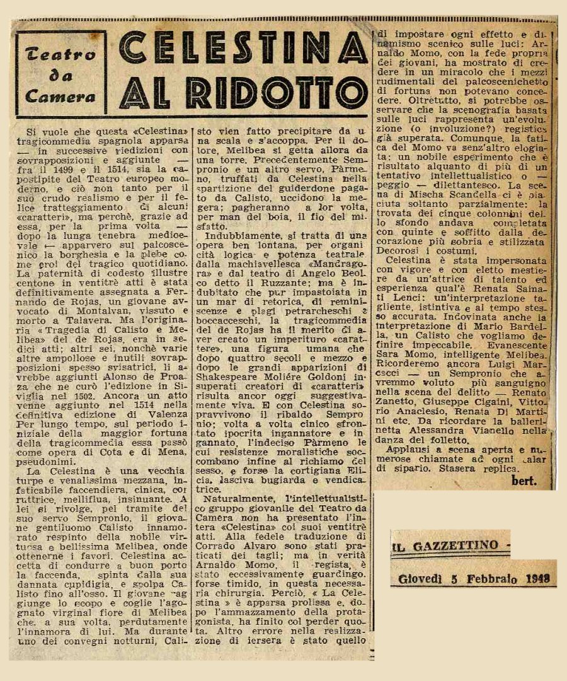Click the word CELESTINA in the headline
tap(243, 48)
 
